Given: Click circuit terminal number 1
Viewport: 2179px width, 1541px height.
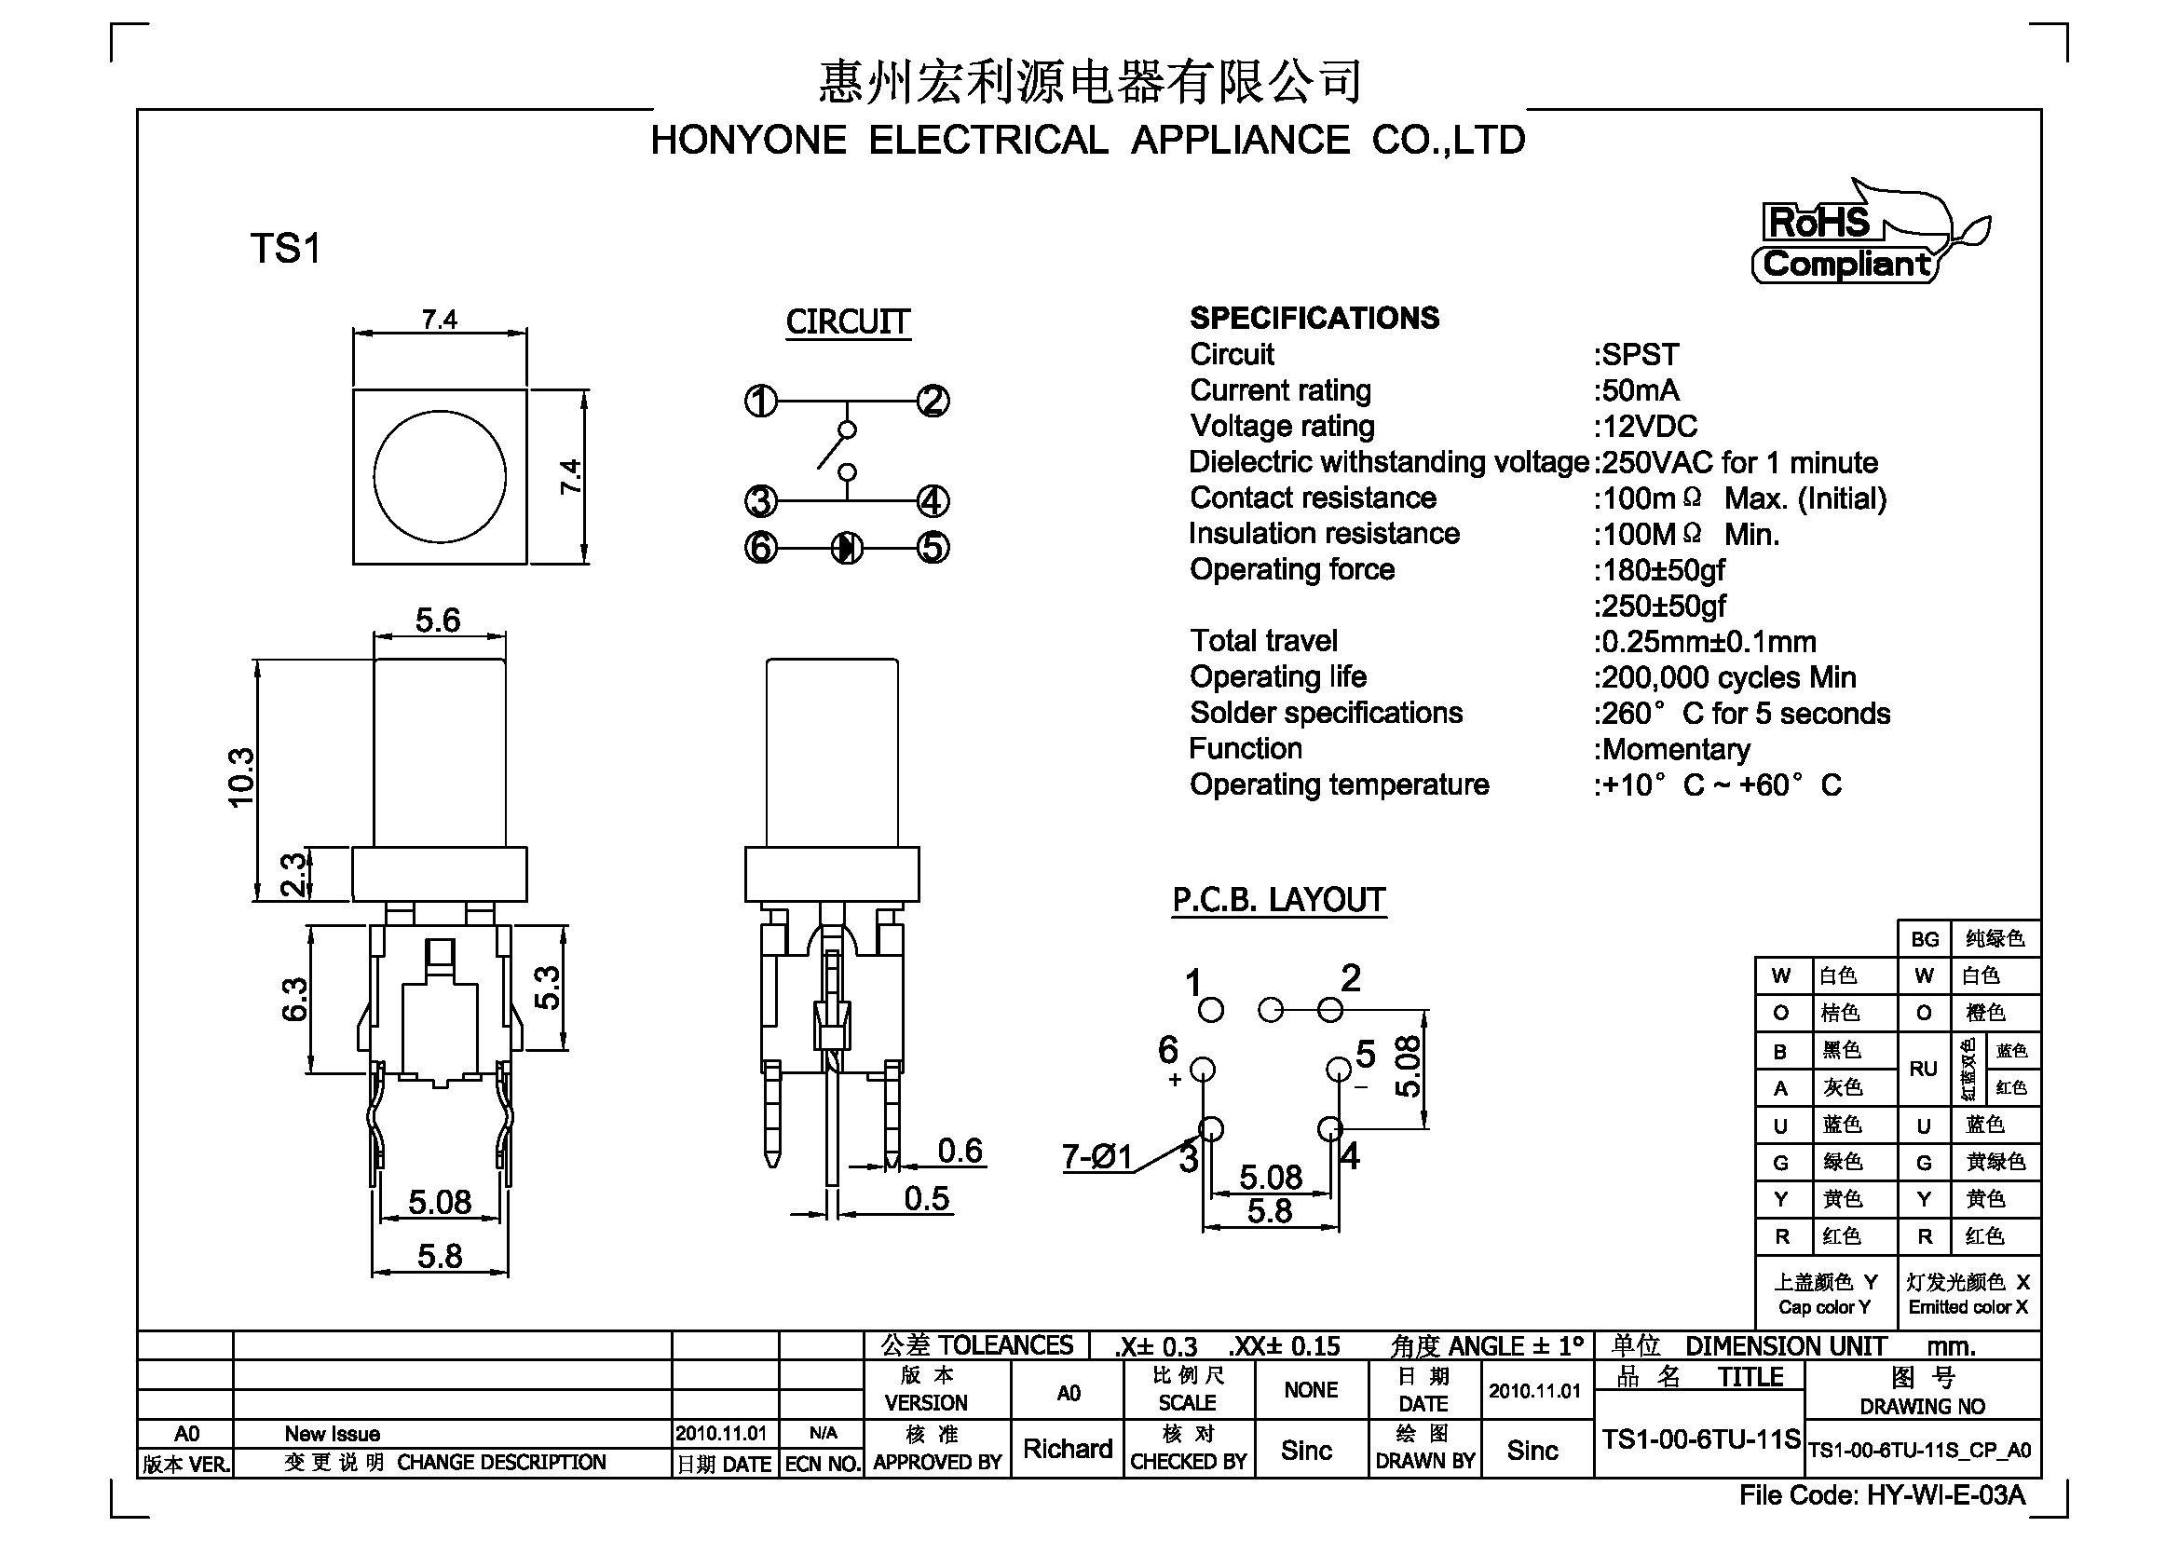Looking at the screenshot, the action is point(760,402).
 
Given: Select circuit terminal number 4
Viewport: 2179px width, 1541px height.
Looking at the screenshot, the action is point(933,501).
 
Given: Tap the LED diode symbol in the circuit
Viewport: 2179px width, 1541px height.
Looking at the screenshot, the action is point(847,548).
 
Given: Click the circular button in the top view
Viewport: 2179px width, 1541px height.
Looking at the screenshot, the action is point(440,476).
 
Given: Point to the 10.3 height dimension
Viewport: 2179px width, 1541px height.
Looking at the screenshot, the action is point(241,778).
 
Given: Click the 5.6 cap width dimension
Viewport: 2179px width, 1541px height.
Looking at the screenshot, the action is point(438,620).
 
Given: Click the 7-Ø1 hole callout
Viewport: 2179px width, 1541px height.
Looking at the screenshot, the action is point(1097,1157).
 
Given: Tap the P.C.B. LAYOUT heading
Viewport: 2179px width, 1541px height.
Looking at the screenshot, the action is point(1279,900).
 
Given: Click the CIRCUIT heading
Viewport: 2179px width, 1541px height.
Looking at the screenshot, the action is point(848,321).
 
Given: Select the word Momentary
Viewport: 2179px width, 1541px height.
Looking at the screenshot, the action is point(1676,750).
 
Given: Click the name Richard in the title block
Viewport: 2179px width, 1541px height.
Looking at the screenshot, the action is point(1068,1449).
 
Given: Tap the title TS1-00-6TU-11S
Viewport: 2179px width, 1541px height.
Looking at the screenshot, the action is point(1701,1439).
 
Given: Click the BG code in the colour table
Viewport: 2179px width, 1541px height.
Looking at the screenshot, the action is point(1925,939).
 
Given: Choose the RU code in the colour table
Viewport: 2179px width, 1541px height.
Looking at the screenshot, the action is point(1924,1069).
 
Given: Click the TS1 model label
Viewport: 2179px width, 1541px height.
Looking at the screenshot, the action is point(286,249).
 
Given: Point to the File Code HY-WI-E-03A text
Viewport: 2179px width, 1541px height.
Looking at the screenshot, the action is point(1883,1495).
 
